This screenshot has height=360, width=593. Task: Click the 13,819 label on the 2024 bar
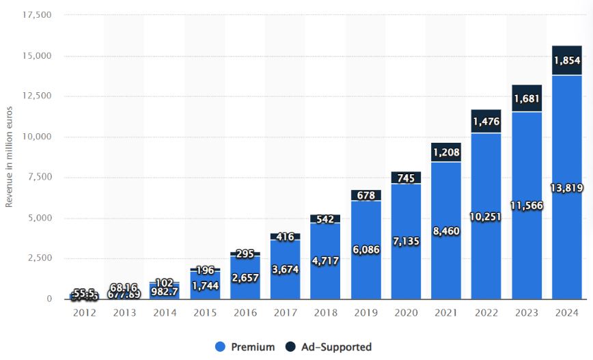pyautogui.click(x=567, y=187)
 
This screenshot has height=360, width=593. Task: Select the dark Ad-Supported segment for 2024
pyautogui.click(x=567, y=60)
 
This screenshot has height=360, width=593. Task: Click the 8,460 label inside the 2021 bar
pyautogui.click(x=446, y=231)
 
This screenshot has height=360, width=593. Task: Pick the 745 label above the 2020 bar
pyautogui.click(x=406, y=178)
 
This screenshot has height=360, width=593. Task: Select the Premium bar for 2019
pyautogui.click(x=366, y=273)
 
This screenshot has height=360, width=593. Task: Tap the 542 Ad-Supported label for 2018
pyautogui.click(x=325, y=219)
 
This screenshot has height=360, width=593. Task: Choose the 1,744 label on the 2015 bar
pyautogui.click(x=204, y=285)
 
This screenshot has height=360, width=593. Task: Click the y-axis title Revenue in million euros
pyautogui.click(x=9, y=157)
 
